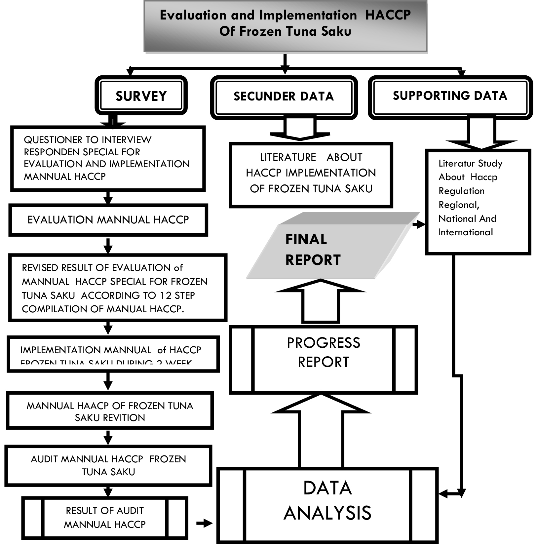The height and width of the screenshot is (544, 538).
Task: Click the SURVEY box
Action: click(x=141, y=96)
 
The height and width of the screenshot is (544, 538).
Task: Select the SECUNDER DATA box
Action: click(x=284, y=97)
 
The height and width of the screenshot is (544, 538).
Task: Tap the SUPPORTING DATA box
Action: click(x=450, y=96)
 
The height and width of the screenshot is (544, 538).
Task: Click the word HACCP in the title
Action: click(x=388, y=15)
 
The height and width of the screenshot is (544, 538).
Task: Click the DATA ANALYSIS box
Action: click(x=327, y=500)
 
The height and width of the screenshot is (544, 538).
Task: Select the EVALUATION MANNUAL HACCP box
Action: click(x=108, y=220)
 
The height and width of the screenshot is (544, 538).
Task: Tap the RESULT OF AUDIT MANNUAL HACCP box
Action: click(x=105, y=518)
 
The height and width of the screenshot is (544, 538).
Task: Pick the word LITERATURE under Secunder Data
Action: click(x=288, y=157)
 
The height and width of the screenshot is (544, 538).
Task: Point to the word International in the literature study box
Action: click(x=465, y=232)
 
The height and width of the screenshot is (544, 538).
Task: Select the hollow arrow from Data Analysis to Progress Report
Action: click(x=321, y=430)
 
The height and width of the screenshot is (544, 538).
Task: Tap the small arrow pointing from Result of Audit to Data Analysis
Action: click(x=205, y=523)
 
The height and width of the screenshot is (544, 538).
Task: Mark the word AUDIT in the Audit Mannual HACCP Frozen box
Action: click(x=45, y=459)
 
